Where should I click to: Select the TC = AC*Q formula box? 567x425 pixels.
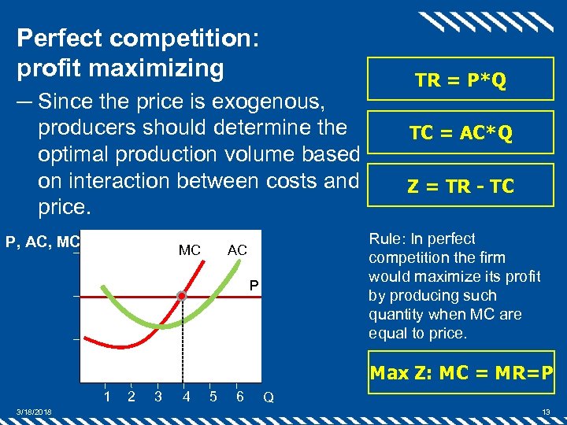(461, 134)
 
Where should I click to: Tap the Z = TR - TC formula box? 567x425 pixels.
(461, 186)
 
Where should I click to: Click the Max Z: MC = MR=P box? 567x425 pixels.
(461, 371)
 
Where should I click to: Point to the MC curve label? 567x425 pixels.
(189, 250)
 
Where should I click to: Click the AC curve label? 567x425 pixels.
(237, 250)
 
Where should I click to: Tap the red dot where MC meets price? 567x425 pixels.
(182, 297)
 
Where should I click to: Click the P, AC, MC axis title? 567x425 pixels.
(43, 242)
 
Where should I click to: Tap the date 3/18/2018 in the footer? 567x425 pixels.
(35, 412)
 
